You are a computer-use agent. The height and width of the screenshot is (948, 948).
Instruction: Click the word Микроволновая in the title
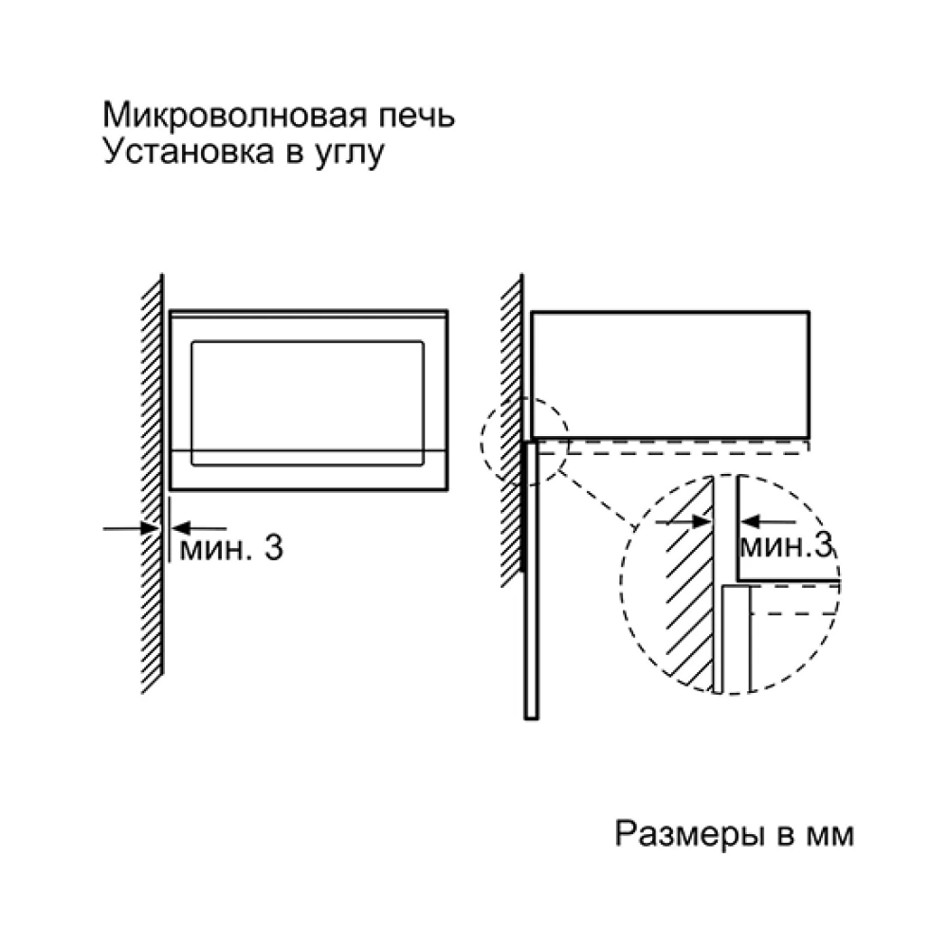234,115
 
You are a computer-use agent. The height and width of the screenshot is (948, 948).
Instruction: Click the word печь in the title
416,115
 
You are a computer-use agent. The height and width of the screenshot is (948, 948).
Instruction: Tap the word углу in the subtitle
350,155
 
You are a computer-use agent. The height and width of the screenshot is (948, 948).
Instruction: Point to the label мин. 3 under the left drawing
231,548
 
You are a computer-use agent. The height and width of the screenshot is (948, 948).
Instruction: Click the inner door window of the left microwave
308,403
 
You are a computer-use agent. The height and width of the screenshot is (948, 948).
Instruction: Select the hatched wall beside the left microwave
153,483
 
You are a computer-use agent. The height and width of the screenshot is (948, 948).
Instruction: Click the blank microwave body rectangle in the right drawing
670,374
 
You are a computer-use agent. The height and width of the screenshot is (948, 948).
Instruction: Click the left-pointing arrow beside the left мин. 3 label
199,528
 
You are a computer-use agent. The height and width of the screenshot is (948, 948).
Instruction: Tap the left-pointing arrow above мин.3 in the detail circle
769,520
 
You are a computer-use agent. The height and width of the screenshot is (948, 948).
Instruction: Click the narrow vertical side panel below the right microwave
531,580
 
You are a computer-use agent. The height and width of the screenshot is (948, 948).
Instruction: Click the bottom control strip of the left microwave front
308,470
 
